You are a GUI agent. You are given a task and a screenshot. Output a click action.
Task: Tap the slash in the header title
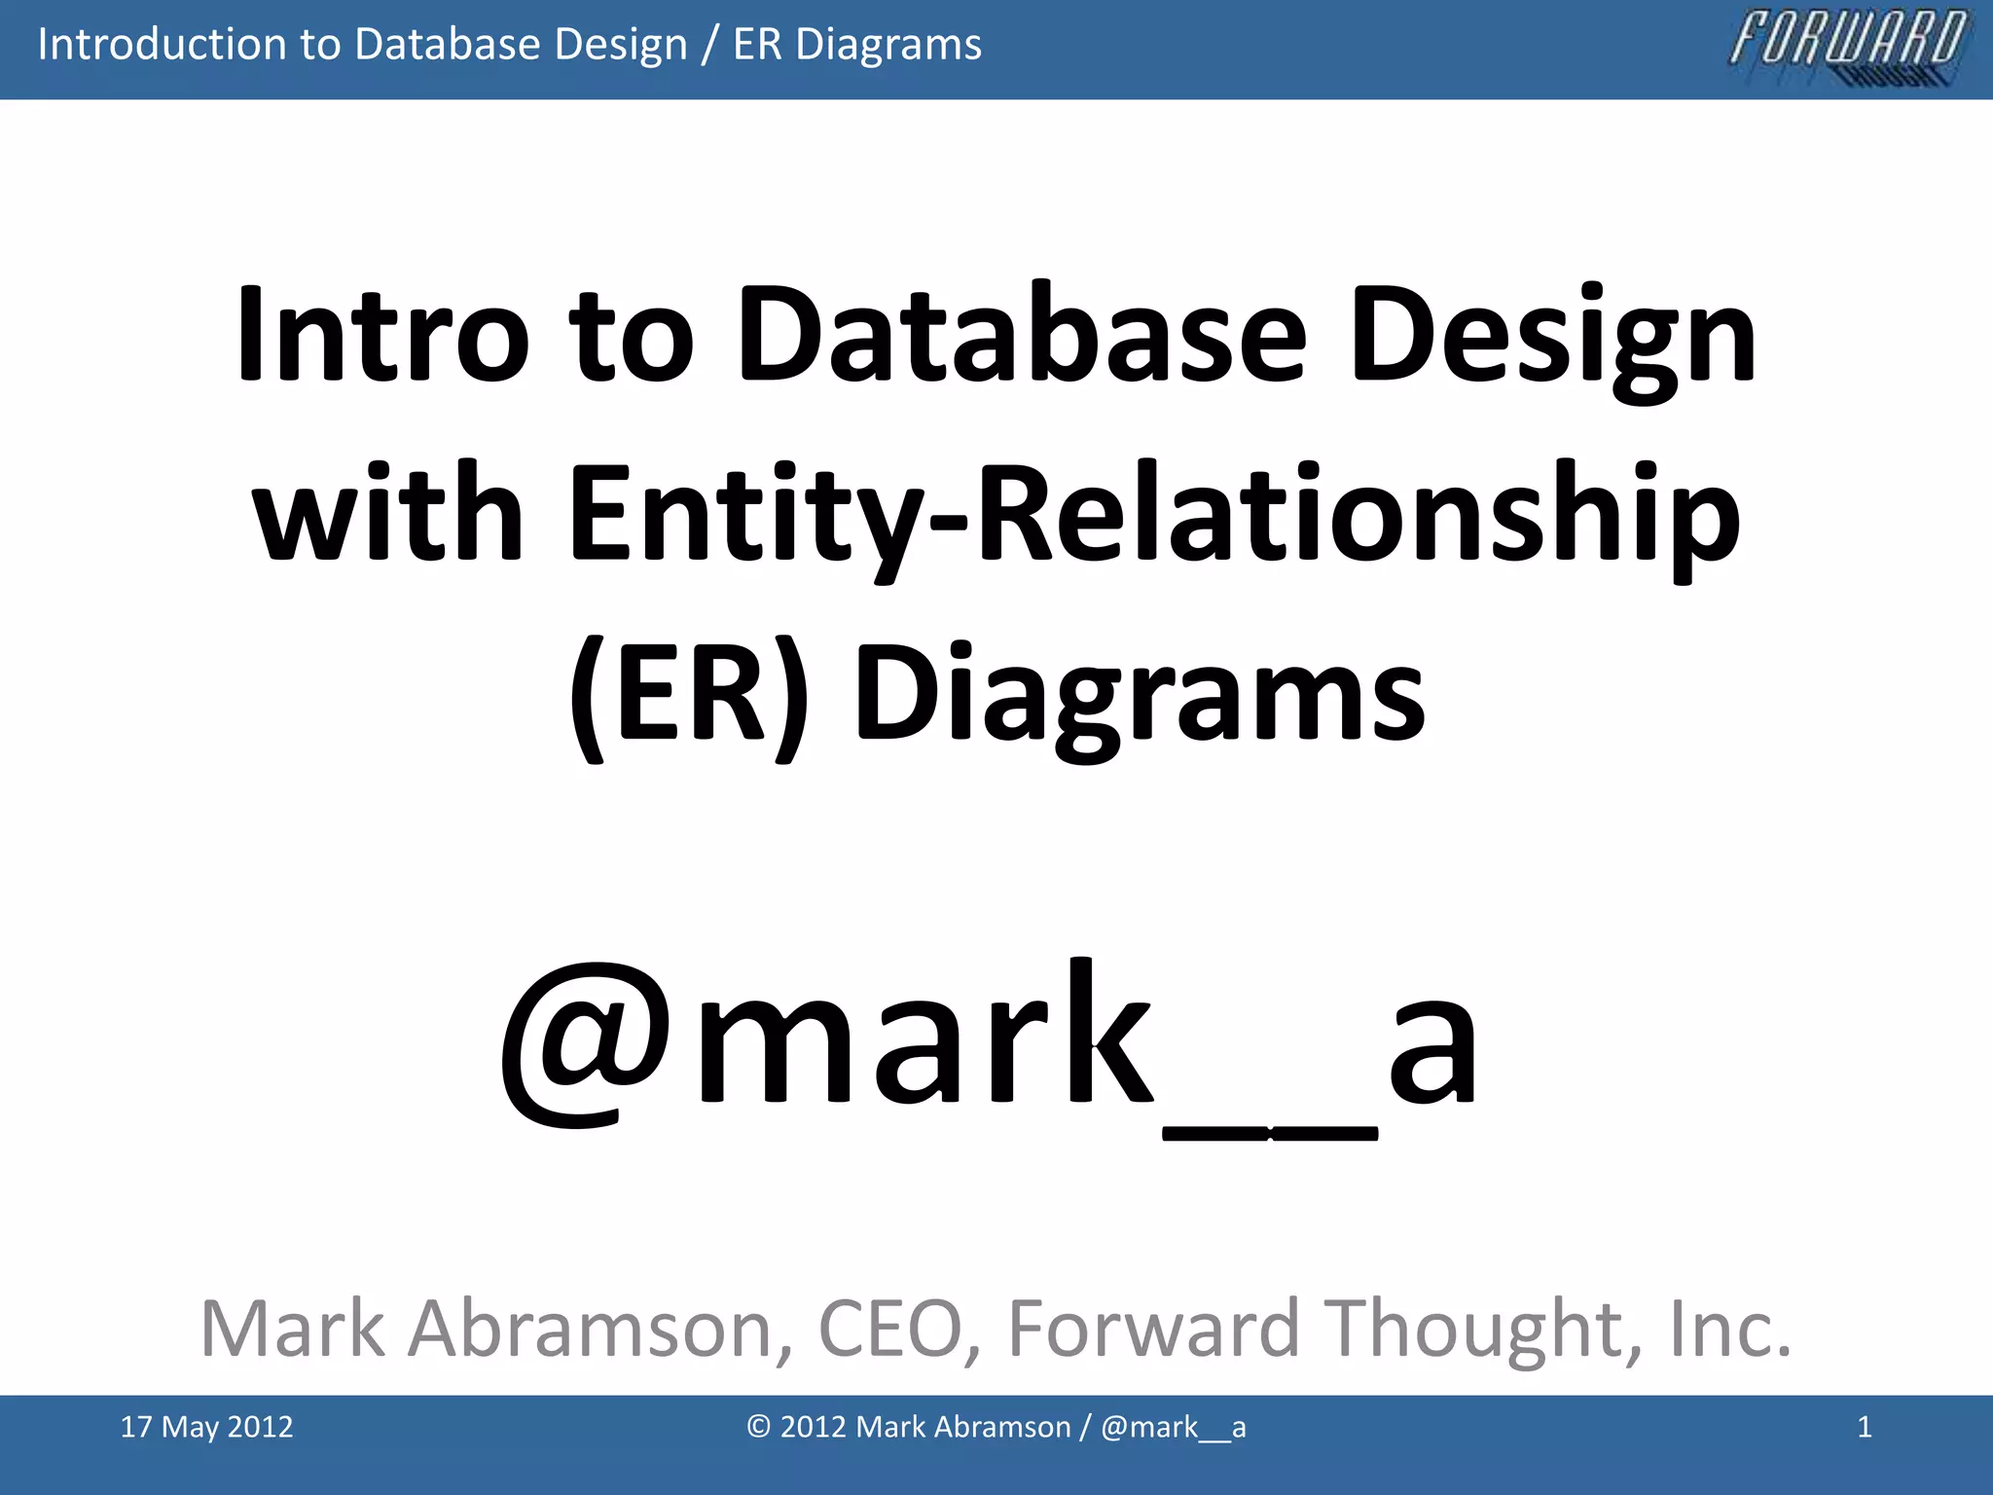pyautogui.click(x=709, y=46)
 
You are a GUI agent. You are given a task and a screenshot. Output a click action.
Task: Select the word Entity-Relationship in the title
pyautogui.click(x=1153, y=516)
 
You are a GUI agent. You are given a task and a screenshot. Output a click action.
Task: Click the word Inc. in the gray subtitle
pyautogui.click(x=1729, y=1328)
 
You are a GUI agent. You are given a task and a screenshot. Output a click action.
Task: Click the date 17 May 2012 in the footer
pyautogui.click(x=206, y=1427)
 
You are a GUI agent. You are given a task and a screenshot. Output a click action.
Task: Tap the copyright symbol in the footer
pyautogui.click(x=759, y=1427)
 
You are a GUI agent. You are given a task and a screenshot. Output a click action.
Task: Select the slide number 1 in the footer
pyautogui.click(x=1864, y=1427)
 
